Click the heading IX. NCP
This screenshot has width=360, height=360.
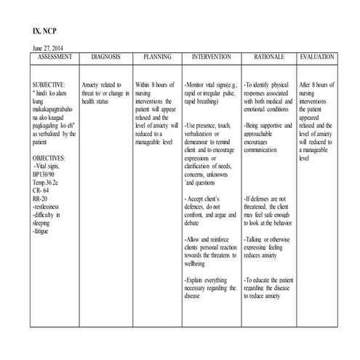tap(44, 32)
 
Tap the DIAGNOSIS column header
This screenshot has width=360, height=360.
tap(106, 56)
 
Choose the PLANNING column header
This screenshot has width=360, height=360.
tap(156, 56)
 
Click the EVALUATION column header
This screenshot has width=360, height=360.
tap(318, 56)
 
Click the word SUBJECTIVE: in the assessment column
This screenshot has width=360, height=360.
tap(49, 84)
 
